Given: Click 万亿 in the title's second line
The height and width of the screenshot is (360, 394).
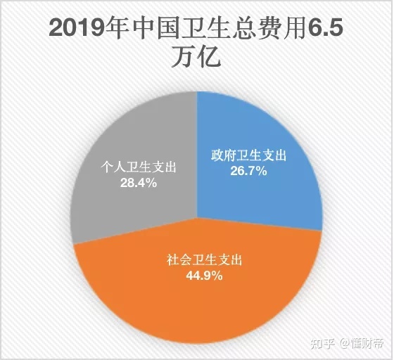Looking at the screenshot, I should [196, 57].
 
